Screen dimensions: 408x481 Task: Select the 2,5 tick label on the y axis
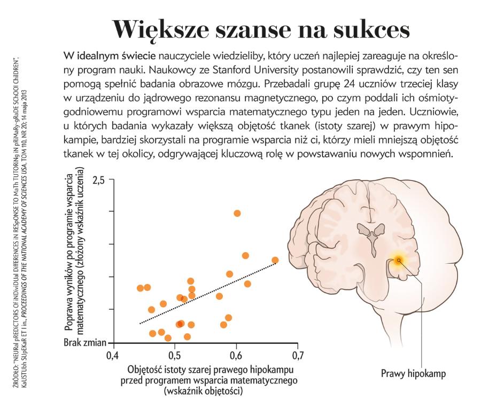[99, 179]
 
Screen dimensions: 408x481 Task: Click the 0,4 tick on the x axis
[112, 355]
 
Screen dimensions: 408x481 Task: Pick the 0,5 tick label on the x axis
[174, 355]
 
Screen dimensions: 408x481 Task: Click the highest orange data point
[237, 213]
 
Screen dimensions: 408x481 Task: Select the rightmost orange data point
[275, 260]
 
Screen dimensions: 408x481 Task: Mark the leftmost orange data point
[140, 288]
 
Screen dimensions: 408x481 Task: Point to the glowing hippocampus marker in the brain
[398, 260]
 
